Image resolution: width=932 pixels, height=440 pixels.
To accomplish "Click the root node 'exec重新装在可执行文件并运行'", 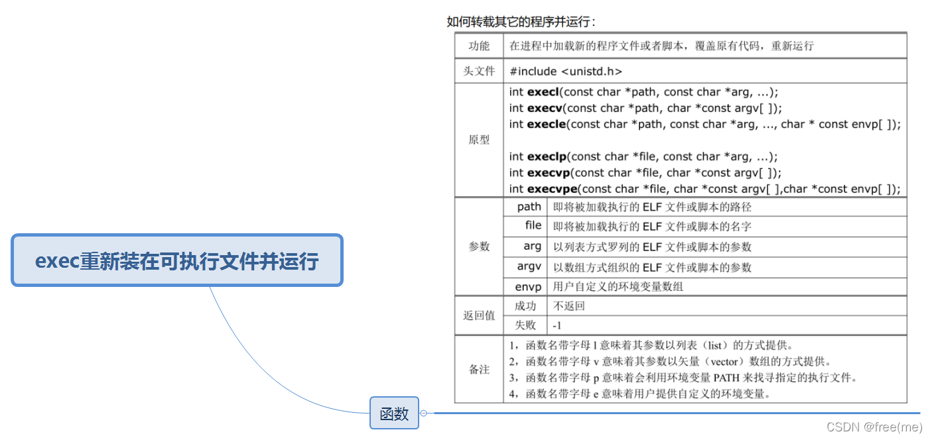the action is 177,260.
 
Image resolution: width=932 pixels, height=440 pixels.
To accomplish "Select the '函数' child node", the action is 394,414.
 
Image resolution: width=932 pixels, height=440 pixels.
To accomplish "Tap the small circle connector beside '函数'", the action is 424,413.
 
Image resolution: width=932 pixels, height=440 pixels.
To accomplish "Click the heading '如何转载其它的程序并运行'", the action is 521,21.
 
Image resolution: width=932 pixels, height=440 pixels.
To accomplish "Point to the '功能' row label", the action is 478,46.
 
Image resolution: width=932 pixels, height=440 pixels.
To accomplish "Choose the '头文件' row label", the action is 478,71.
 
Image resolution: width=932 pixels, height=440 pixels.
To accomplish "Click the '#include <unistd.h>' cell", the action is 566,72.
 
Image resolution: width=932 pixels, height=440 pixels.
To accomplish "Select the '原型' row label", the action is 478,140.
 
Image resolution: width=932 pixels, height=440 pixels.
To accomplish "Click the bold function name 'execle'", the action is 546,124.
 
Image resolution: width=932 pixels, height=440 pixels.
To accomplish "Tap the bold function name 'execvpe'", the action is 550,189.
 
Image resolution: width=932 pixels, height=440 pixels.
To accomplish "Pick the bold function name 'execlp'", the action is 547,156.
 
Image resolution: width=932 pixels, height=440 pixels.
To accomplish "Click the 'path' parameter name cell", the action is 529,207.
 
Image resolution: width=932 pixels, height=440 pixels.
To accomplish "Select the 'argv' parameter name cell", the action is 529,267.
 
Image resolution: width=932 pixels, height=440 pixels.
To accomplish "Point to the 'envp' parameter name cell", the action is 529,287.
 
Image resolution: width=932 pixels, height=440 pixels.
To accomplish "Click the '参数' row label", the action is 478,247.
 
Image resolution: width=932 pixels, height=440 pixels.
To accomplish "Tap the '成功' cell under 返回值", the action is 525,305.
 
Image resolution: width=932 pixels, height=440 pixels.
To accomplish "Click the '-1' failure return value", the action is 557,325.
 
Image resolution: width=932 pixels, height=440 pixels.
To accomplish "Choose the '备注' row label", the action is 478,369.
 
